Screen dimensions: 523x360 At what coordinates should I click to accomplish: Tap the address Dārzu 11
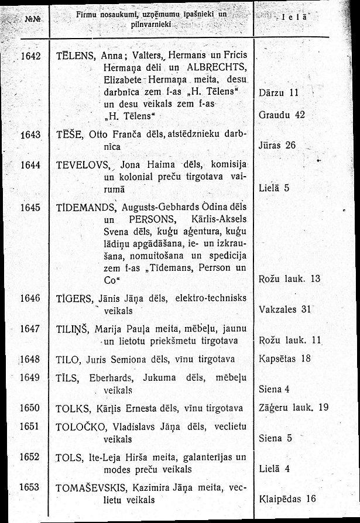click(279, 92)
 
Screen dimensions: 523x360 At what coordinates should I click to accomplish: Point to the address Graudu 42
click(282, 115)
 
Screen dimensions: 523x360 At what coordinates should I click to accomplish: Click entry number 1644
click(29, 165)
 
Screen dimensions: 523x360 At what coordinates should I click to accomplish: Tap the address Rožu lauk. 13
click(289, 278)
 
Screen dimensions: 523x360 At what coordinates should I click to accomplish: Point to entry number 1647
click(29, 328)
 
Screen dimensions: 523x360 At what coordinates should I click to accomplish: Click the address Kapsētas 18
click(284, 359)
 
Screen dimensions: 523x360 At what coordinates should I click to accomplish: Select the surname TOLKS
click(73, 408)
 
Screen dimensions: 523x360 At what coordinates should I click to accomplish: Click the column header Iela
click(290, 18)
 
